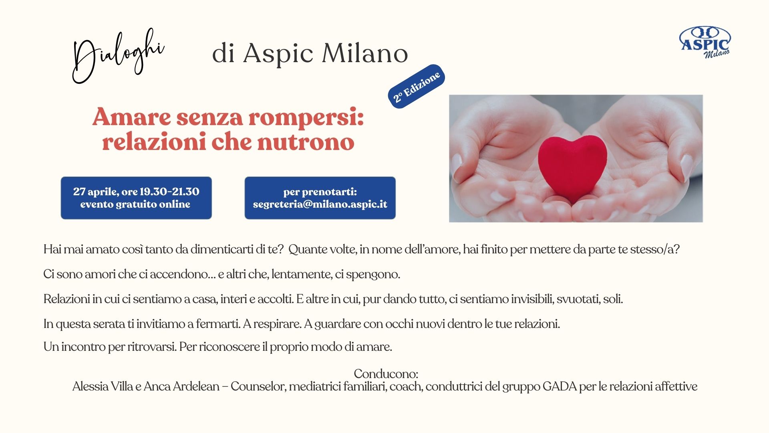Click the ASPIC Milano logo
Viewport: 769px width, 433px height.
pyautogui.click(x=705, y=42)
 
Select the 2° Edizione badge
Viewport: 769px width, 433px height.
pyautogui.click(x=417, y=86)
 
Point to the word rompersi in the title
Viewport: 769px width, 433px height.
pyautogui.click(x=306, y=118)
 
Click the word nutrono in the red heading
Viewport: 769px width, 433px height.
pyautogui.click(x=306, y=142)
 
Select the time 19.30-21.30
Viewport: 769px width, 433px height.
pyautogui.click(x=169, y=192)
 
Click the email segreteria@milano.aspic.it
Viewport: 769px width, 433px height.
pyautogui.click(x=320, y=204)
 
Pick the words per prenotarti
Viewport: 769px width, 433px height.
pyautogui.click(x=320, y=192)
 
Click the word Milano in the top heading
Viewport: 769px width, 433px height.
pyautogui.click(x=365, y=53)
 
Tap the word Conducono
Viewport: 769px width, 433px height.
pyautogui.click(x=386, y=374)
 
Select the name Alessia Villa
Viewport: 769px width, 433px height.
pyautogui.click(x=103, y=386)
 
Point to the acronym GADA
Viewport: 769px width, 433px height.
pyautogui.click(x=560, y=386)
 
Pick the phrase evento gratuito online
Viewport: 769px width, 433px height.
pyautogui.click(x=135, y=204)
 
